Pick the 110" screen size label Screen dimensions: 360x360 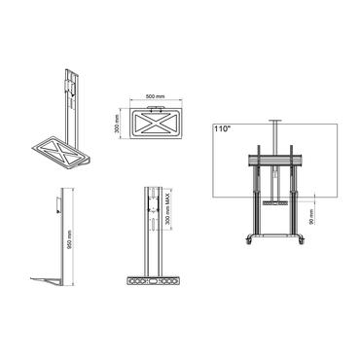tap(223, 127)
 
